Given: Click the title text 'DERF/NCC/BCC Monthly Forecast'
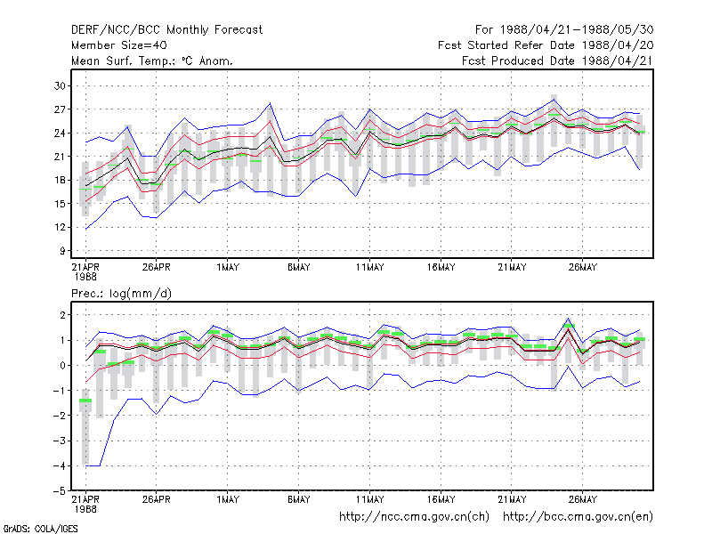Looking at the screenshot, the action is tap(166, 30).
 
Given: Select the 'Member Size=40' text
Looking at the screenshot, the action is tap(119, 45).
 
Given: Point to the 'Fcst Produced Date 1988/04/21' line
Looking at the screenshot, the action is tap(557, 61).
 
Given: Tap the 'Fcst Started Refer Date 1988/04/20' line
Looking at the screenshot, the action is tap(546, 45).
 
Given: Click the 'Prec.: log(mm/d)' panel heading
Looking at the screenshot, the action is tap(121, 294).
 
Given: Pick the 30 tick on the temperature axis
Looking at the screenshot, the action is tap(60, 85).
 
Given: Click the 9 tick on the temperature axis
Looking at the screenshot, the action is tap(62, 251).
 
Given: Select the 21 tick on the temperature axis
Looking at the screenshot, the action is tap(60, 157).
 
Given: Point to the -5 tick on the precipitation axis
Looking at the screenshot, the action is tap(59, 491).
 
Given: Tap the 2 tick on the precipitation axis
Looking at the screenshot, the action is tap(62, 315).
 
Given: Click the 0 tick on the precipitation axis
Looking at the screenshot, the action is tap(62, 366).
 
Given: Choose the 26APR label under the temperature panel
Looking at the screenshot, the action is tap(157, 267).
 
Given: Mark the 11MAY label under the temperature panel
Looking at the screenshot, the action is tap(369, 267).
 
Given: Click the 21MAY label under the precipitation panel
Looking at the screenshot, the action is tap(512, 499).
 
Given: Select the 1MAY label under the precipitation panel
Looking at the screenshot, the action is tap(228, 499).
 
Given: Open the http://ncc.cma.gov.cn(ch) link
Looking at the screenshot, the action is tap(414, 517).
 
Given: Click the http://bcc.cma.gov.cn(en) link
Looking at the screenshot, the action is tap(578, 517).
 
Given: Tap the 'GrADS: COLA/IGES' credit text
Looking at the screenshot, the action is tap(40, 529).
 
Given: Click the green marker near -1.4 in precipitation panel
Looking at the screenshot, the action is tap(85, 400).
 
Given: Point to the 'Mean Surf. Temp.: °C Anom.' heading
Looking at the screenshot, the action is tap(152, 61).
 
